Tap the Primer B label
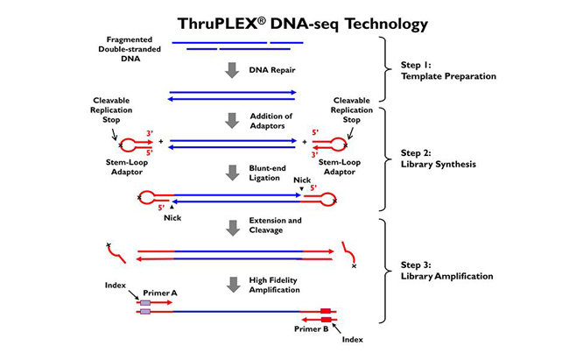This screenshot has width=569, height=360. tap(313, 330)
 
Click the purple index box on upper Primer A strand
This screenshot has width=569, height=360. tap(144, 302)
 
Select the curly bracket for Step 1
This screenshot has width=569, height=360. tap(383, 69)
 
